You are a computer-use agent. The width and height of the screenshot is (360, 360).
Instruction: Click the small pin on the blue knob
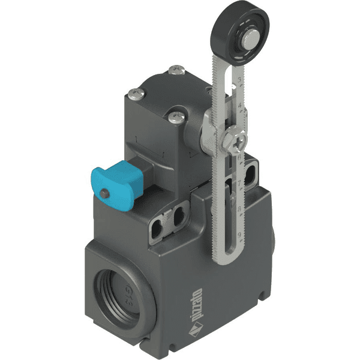pyautogui.click(x=105, y=193)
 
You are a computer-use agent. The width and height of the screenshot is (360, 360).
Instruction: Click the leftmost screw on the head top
pyautogui.click(x=136, y=93)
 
